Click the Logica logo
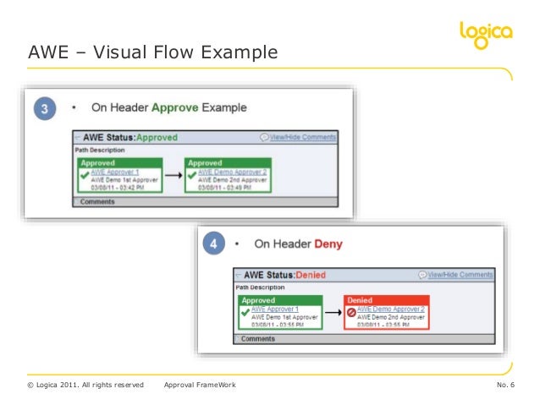click(485, 35)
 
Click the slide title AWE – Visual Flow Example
click(152, 53)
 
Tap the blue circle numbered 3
click(44, 107)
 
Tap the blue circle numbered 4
click(215, 245)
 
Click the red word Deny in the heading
click(328, 245)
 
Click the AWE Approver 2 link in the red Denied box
click(391, 309)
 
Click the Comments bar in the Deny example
click(257, 339)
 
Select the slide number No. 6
click(511, 386)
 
